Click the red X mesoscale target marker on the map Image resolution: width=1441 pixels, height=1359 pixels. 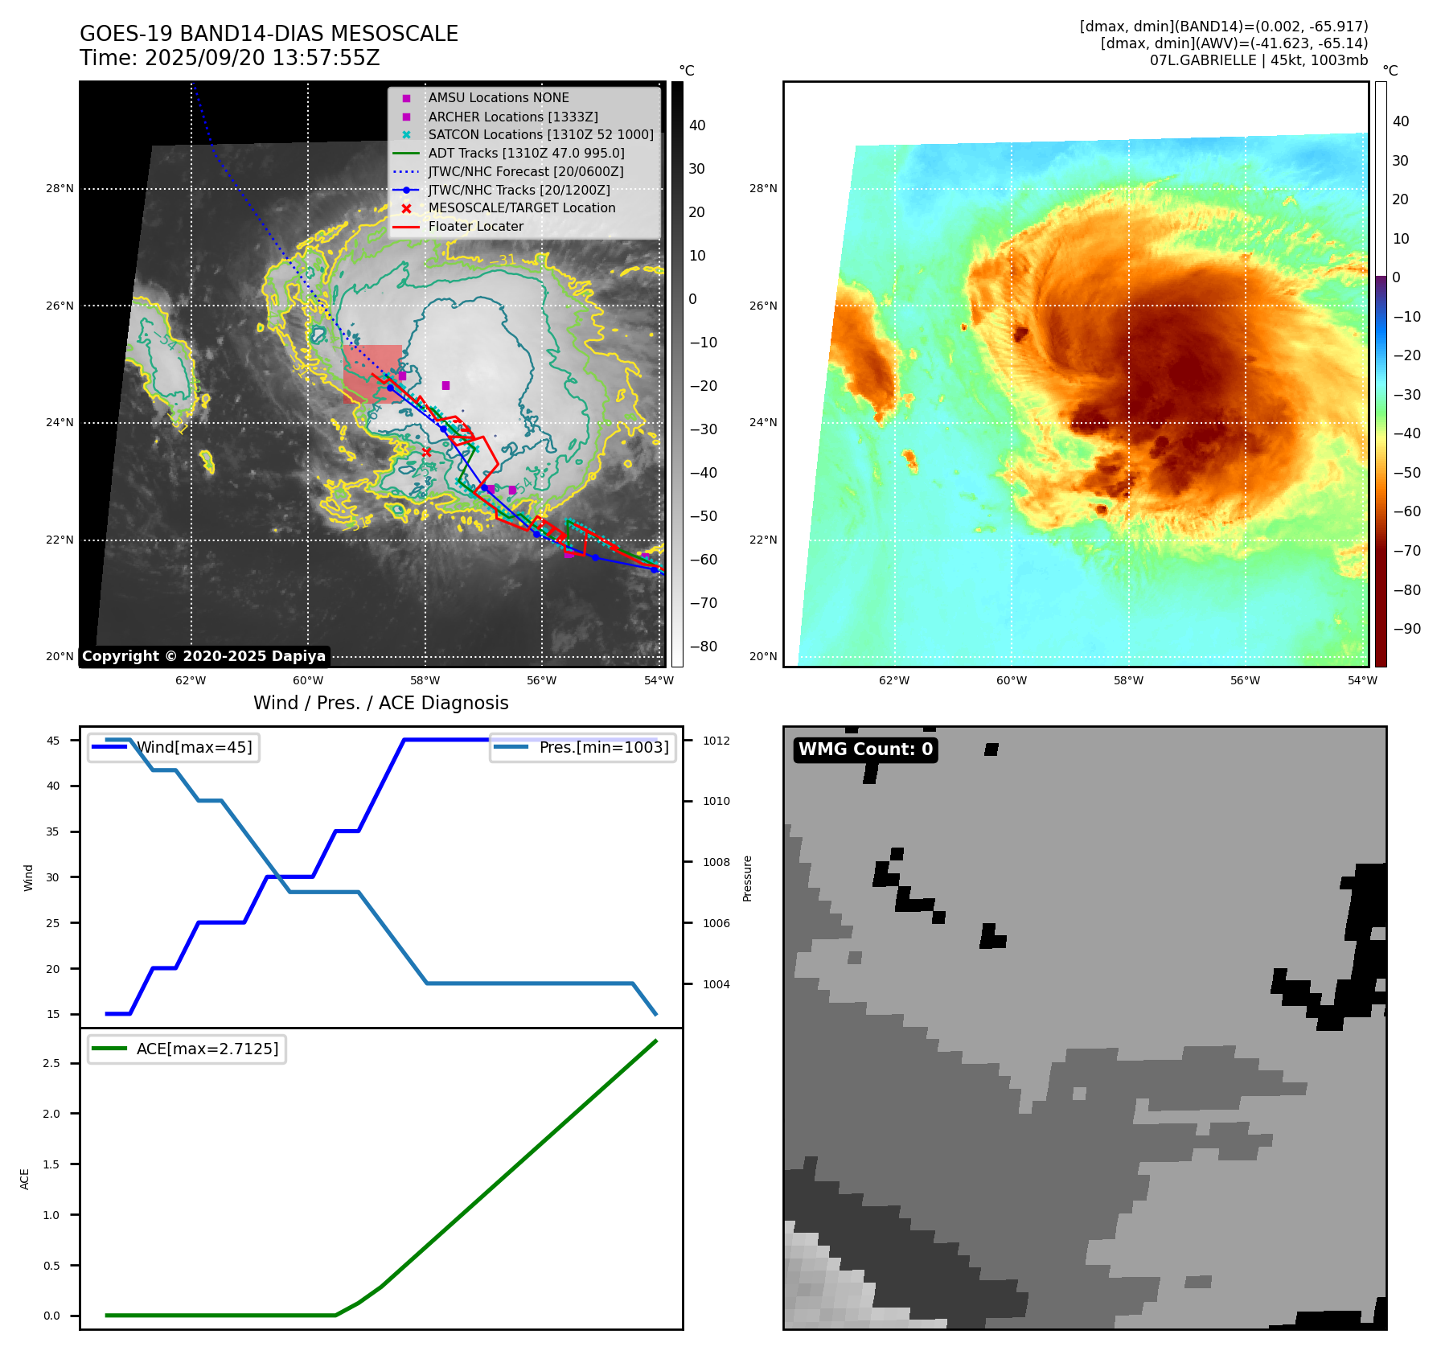coord(426,452)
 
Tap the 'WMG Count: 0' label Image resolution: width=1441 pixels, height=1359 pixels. coord(865,749)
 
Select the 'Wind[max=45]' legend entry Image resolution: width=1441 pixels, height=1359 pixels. coord(194,748)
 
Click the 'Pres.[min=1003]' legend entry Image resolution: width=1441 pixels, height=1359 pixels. coord(603,748)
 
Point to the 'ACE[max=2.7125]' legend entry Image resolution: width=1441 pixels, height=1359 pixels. coord(207,1049)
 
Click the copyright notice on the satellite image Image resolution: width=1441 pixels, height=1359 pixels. coord(203,656)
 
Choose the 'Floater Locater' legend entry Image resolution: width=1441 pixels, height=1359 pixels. coord(475,227)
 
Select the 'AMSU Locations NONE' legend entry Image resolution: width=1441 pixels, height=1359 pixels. coord(498,98)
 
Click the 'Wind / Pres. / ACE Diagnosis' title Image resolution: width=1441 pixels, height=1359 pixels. coord(380,703)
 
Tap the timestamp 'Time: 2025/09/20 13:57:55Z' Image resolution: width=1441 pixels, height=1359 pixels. coord(229,58)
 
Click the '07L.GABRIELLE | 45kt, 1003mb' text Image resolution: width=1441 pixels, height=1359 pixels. coord(1258,60)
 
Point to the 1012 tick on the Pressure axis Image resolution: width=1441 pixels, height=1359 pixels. coord(716,741)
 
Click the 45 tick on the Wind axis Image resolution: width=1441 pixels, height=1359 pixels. coord(53,741)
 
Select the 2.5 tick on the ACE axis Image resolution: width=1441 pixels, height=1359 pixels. coord(51,1063)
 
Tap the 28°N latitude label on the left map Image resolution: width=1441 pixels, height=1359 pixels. coord(60,189)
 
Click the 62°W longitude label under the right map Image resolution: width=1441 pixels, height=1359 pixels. coord(894,680)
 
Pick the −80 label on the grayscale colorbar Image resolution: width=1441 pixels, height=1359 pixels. coord(703,647)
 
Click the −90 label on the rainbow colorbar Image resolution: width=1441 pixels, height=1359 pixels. coord(1406,629)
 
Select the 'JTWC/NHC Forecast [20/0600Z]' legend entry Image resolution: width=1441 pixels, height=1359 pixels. coord(525,172)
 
